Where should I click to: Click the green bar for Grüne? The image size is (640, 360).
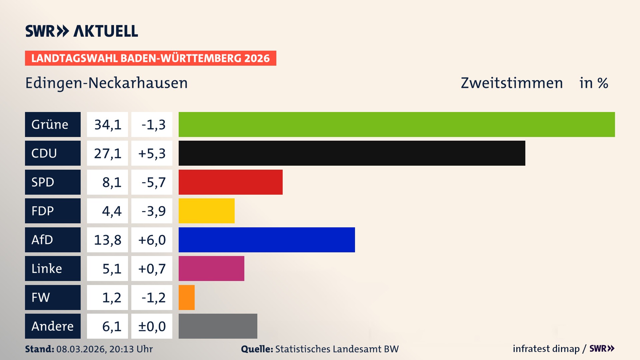point(397,124)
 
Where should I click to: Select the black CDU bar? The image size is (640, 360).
point(352,153)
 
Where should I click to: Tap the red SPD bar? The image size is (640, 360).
point(230,182)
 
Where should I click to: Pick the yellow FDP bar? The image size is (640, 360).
point(206,211)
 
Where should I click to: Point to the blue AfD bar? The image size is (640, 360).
point(267,240)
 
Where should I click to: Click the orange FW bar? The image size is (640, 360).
point(186,297)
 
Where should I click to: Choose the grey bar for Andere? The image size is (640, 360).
point(218,326)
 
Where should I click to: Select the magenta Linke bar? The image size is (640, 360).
point(211,269)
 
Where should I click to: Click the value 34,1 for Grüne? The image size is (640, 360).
point(107,125)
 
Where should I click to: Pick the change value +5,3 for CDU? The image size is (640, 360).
point(152,153)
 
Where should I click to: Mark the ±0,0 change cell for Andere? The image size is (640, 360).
point(152,326)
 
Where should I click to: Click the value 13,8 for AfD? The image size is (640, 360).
point(107,240)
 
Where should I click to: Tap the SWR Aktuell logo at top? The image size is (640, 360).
point(81,31)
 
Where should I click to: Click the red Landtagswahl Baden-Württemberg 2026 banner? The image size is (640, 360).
point(150,58)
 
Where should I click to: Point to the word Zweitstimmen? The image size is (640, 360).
point(512,83)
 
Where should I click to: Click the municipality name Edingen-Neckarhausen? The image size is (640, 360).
point(106,83)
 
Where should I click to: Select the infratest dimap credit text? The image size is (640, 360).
point(546,349)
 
